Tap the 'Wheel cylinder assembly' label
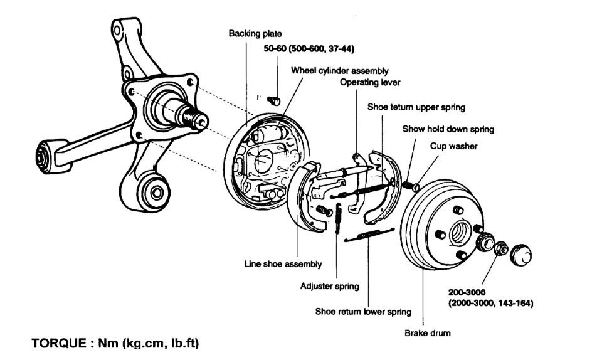click(339, 71)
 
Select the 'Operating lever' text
click(370, 82)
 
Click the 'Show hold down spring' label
click(448, 129)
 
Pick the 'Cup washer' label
click(453, 146)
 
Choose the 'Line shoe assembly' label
click(283, 264)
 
